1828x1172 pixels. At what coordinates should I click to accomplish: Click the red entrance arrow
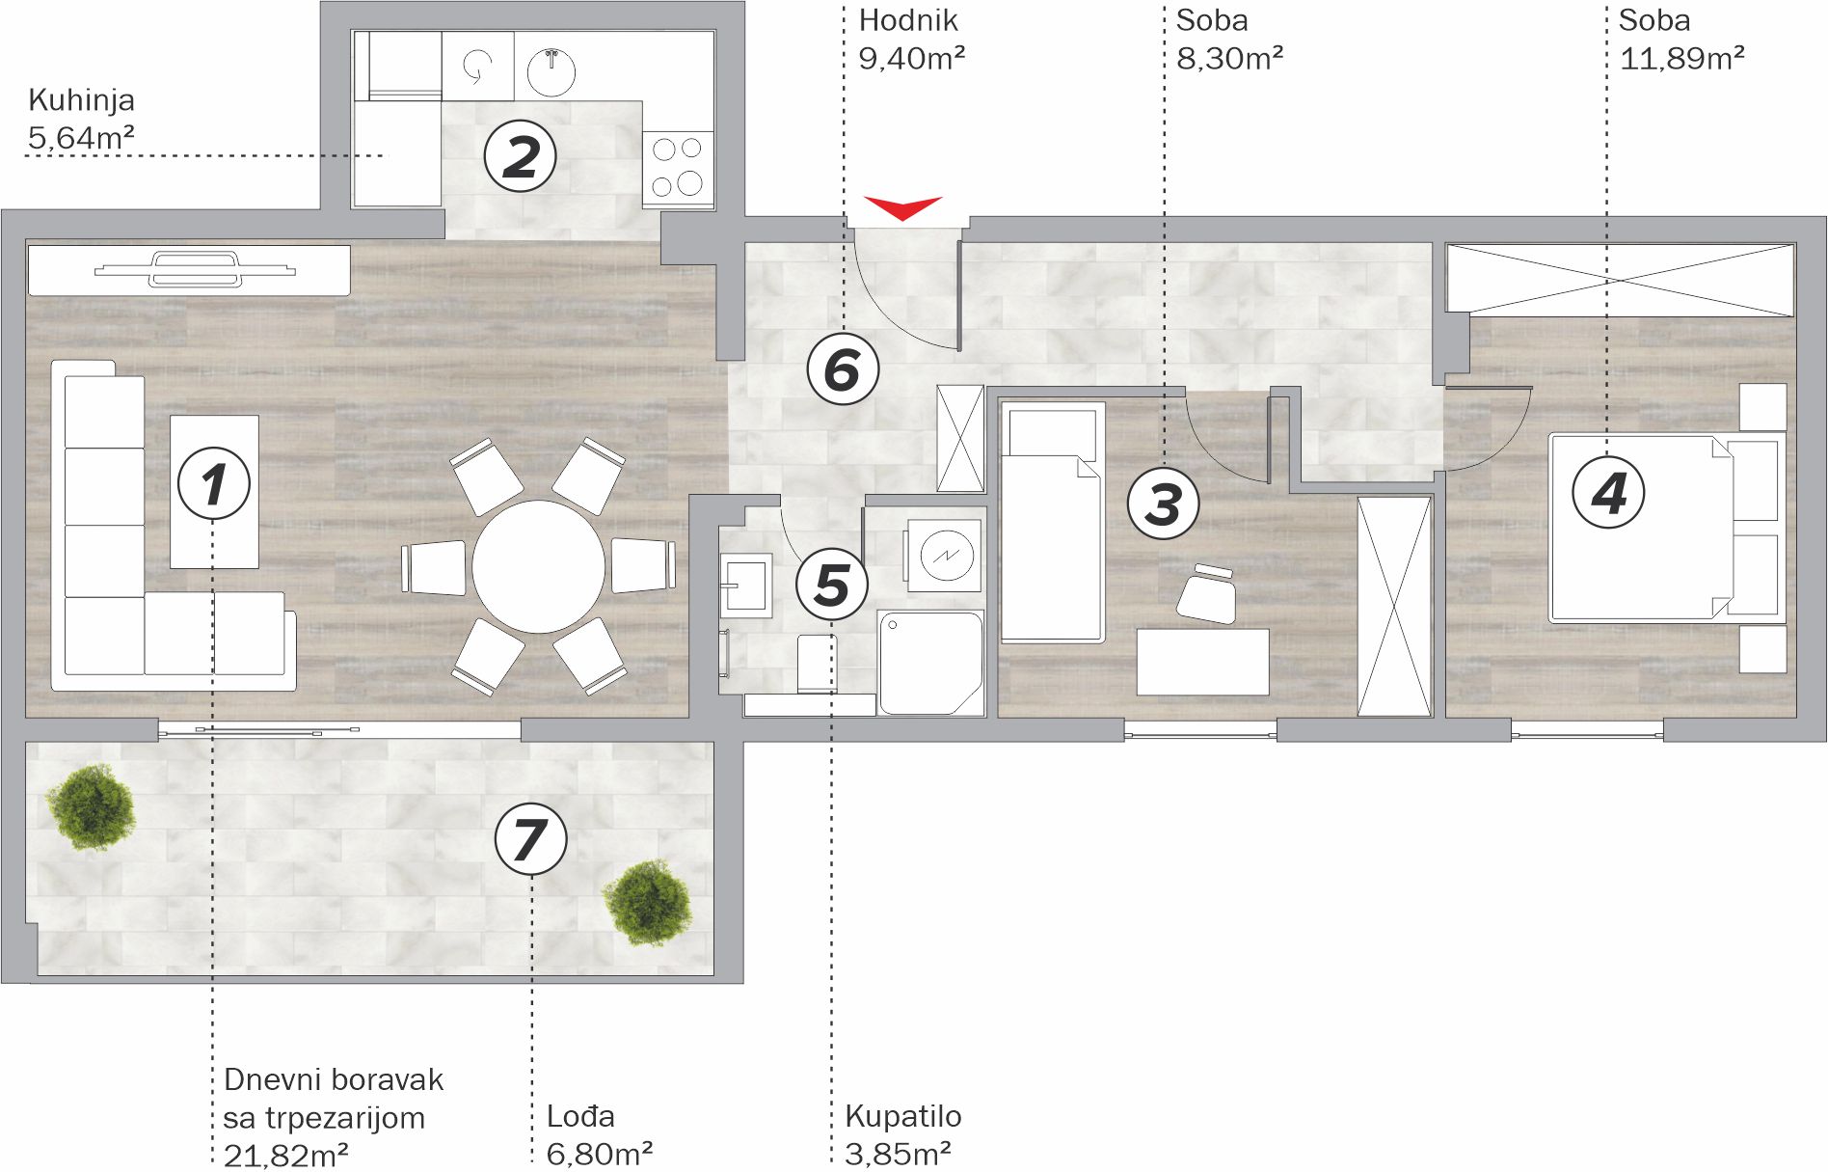tap(902, 207)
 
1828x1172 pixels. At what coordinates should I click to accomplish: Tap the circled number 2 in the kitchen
tap(521, 155)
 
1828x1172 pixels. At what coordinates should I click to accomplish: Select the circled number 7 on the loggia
tap(530, 838)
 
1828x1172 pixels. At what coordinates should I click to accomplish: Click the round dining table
tap(539, 566)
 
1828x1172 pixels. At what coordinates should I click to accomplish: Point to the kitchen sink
tap(551, 70)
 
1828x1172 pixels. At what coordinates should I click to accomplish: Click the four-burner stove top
tap(678, 167)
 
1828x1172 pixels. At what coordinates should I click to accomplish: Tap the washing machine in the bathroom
tap(943, 555)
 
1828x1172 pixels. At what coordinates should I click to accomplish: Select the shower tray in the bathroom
tap(930, 662)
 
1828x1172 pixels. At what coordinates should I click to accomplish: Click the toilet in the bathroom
tap(817, 662)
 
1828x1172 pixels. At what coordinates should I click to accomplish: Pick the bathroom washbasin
tap(745, 585)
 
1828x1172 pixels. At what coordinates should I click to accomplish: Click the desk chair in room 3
tap(1208, 594)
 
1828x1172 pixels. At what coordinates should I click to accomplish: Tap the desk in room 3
tap(1202, 662)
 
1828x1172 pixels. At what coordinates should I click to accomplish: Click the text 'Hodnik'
tap(908, 20)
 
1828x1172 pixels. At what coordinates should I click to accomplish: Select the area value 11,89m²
tap(1681, 58)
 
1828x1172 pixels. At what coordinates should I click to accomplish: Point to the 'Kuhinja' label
tap(81, 100)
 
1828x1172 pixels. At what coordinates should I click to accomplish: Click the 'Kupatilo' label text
tap(902, 1116)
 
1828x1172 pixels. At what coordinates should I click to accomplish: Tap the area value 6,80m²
tap(599, 1153)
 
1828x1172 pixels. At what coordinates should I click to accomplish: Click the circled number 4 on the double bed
tap(1608, 492)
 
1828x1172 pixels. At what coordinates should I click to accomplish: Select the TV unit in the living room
tap(189, 270)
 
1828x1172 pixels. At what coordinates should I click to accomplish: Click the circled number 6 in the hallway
tap(843, 368)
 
